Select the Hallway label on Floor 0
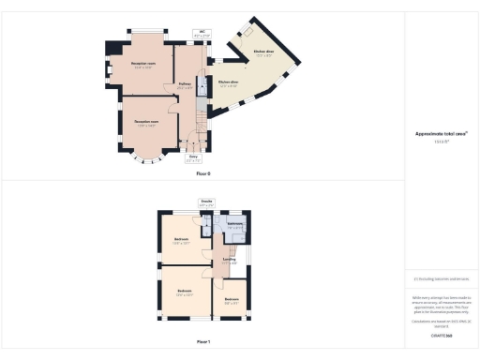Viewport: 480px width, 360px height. tap(186, 85)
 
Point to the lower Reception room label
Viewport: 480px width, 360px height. tap(145, 124)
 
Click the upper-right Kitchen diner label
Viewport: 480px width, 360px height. tap(263, 52)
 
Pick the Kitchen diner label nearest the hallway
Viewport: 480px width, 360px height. tap(229, 83)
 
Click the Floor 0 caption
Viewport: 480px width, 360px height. tap(203, 174)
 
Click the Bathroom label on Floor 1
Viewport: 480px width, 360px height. tap(235, 225)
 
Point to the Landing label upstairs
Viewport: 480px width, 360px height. tap(228, 261)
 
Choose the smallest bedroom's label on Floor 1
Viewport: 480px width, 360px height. tap(232, 301)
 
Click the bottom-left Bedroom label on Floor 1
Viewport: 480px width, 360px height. tap(185, 292)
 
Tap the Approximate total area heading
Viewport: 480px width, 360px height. tap(442, 134)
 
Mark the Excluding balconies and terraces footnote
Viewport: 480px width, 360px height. tap(442, 278)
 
